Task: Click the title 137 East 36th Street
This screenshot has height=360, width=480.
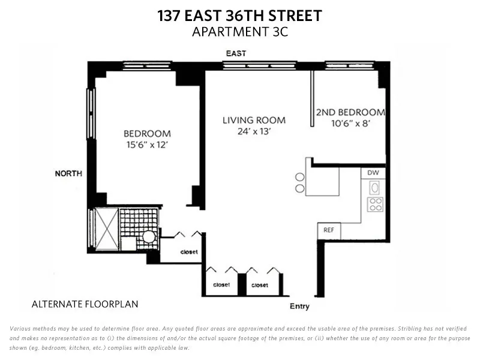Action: tap(239, 16)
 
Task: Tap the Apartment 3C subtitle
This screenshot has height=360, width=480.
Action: tap(239, 32)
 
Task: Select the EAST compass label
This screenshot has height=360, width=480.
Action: tap(236, 54)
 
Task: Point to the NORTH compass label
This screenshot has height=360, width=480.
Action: tap(68, 174)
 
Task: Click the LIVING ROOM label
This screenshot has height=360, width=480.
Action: tap(254, 120)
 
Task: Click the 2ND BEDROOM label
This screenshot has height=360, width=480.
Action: tap(350, 112)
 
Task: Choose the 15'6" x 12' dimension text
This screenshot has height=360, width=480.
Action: tap(147, 145)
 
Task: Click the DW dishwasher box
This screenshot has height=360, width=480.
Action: tap(373, 173)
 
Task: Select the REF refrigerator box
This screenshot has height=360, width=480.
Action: tap(329, 230)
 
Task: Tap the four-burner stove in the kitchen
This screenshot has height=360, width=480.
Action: tap(376, 205)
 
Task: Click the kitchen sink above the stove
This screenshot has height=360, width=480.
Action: tap(376, 187)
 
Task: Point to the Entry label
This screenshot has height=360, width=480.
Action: tap(299, 307)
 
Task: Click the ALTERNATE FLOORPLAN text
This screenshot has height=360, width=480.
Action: tap(85, 304)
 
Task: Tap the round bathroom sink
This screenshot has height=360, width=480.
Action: tap(148, 237)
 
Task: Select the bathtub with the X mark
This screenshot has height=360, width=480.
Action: tap(103, 230)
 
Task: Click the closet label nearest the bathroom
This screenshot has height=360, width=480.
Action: tap(189, 252)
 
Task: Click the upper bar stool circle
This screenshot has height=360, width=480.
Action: tap(299, 176)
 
